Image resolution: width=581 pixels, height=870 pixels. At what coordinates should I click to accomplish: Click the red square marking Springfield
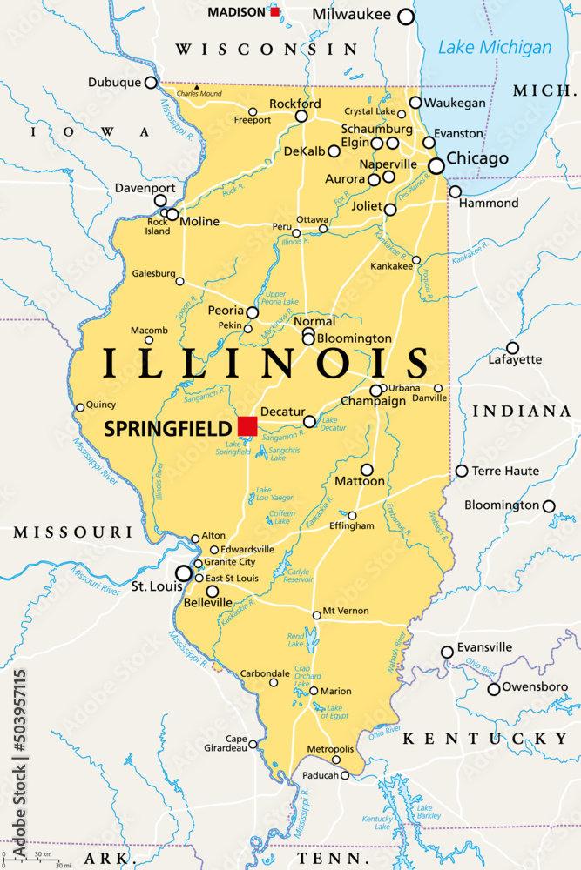click(x=247, y=425)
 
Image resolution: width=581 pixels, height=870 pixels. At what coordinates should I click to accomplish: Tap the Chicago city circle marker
click(x=436, y=165)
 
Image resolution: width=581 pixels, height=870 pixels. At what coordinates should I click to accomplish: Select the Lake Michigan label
click(x=495, y=48)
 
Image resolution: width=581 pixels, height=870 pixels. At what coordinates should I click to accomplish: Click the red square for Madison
click(x=275, y=11)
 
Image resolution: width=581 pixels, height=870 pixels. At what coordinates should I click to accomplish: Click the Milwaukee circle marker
click(x=406, y=17)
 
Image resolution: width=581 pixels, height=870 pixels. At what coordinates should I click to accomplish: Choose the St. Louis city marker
click(x=184, y=573)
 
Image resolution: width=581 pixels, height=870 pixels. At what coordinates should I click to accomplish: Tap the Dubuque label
click(x=114, y=83)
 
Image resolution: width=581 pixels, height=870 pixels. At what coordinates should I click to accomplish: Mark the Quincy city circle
click(x=80, y=406)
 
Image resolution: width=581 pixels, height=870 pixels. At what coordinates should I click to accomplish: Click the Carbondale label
click(x=265, y=673)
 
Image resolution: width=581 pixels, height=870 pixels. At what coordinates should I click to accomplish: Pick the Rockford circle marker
click(x=301, y=116)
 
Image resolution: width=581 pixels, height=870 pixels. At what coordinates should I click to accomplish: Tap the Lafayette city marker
click(x=513, y=348)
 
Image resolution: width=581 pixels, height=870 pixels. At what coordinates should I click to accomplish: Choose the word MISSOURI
click(x=71, y=531)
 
